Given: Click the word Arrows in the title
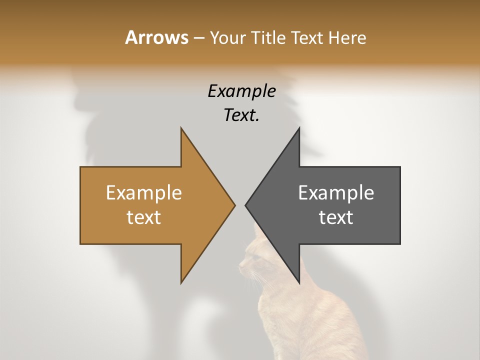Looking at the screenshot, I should coord(156,37).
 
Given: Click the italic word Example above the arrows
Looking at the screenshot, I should coord(241,91).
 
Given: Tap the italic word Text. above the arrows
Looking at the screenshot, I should coord(241,115).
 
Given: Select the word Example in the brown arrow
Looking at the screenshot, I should coord(144,193).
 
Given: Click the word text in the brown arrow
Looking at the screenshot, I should coord(144,217).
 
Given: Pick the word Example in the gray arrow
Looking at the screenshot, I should coord(336,193).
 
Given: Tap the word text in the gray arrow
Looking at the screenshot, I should coord(336,217).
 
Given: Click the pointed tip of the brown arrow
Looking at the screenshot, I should coord(235,204).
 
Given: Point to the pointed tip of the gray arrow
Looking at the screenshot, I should coord(245,204).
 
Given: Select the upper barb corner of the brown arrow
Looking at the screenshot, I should coord(181,128).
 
